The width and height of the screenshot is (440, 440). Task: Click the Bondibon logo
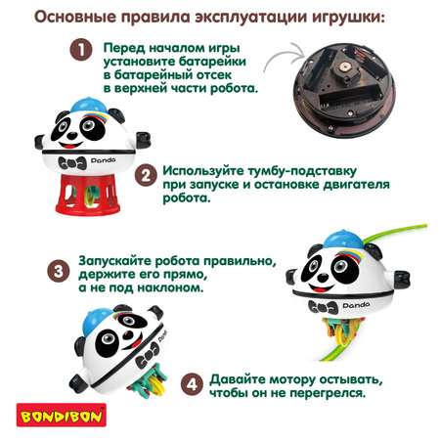pos(62,415)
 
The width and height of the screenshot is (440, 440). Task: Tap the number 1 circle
pos(81,50)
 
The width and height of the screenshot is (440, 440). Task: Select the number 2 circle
pos(146,175)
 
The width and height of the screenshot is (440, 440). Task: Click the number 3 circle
pos(59,271)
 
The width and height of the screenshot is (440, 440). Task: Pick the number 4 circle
pos(192,384)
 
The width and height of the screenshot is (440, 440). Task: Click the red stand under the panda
pos(87,194)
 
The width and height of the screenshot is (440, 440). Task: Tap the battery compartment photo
pos(343,89)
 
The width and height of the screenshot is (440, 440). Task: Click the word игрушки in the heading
pos(348,18)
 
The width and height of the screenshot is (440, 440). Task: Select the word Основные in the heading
pos(75,17)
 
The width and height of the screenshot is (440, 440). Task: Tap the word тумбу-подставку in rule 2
pos(302,171)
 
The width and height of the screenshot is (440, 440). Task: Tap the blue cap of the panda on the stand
pos(88,105)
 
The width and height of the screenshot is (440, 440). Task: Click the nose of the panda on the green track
pos(323,278)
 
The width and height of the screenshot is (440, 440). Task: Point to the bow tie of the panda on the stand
pos(72,163)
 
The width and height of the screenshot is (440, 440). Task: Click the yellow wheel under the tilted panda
pos(156,384)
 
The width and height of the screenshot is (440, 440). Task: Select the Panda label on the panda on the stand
pos(104,160)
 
